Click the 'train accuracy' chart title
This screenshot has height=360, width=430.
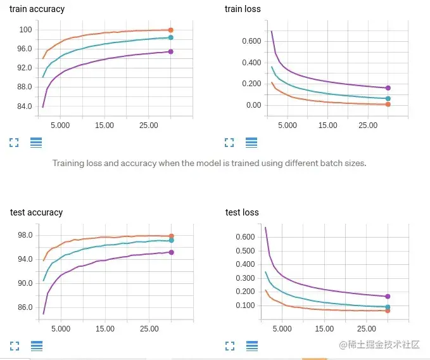[x=37, y=10]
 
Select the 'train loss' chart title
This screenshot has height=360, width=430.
[x=243, y=10]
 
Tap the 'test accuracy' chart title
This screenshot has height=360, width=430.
[x=36, y=212]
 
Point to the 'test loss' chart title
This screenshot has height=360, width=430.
[x=242, y=212]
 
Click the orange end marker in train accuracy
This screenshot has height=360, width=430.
[x=171, y=30]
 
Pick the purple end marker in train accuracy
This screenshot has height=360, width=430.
[x=171, y=51]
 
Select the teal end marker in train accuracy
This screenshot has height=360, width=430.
[x=171, y=37]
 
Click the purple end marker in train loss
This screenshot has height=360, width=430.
[x=388, y=88]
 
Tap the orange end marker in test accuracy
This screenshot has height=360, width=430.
[x=171, y=236]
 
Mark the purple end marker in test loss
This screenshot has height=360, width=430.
[x=388, y=296]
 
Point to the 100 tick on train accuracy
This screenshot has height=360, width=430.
[x=25, y=30]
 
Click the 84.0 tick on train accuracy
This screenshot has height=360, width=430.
[x=25, y=106]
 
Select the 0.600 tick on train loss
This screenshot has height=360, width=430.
[x=252, y=41]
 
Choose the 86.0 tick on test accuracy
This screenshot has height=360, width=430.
[x=25, y=307]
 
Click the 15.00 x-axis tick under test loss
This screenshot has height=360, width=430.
[x=324, y=329]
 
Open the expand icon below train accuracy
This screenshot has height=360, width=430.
[x=14, y=143]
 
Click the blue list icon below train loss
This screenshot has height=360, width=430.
[x=251, y=143]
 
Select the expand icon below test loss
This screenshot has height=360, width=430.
[x=230, y=346]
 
